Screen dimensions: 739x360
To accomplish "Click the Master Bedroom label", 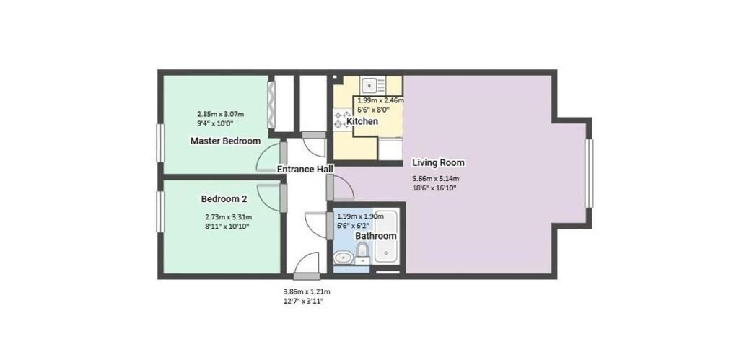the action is [x=225, y=141].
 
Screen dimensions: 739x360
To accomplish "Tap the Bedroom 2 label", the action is [x=224, y=199].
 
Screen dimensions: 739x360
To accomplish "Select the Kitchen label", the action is [x=362, y=122].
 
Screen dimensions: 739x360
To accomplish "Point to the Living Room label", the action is [x=438, y=162].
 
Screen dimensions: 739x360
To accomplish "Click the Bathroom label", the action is [x=375, y=236].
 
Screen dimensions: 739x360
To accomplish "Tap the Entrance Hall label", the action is [x=305, y=169].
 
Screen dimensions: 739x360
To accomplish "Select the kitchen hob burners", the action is [x=343, y=120].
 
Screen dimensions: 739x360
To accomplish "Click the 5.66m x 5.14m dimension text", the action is [x=436, y=179].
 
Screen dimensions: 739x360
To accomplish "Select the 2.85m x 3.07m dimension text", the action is [x=220, y=114].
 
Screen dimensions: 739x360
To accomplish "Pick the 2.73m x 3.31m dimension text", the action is [x=229, y=217].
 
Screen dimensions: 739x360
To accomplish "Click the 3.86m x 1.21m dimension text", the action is [x=306, y=291].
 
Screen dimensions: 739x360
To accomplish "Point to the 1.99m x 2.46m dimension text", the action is [x=380, y=100].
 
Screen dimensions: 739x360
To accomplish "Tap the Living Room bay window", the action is [x=589, y=173].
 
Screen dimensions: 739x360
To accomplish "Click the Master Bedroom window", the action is [x=160, y=143].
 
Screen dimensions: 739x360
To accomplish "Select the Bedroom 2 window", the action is [x=160, y=211].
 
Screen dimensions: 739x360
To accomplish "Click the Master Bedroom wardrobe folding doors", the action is [x=271, y=104].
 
